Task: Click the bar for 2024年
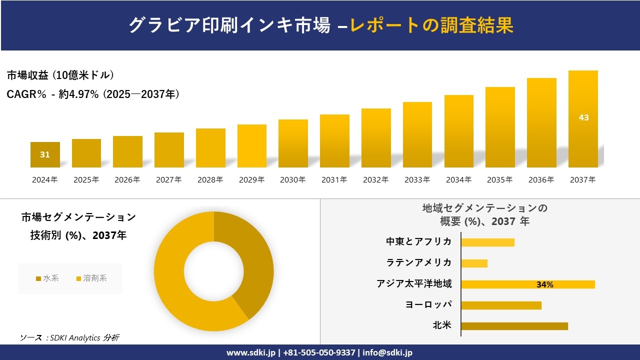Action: [x=45, y=155]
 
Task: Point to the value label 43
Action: [x=583, y=117]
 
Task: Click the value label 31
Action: [x=45, y=154]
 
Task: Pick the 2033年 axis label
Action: [x=417, y=179]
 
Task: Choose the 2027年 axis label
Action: [x=168, y=179]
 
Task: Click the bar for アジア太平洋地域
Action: [x=527, y=284]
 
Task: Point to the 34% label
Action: [x=544, y=284]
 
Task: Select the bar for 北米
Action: [x=514, y=326]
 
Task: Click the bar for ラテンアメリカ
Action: [x=474, y=263]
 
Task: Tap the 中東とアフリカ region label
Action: [x=418, y=242]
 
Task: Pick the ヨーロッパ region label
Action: [x=428, y=304]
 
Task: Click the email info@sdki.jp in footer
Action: [x=387, y=352]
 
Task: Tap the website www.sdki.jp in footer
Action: [x=250, y=352]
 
